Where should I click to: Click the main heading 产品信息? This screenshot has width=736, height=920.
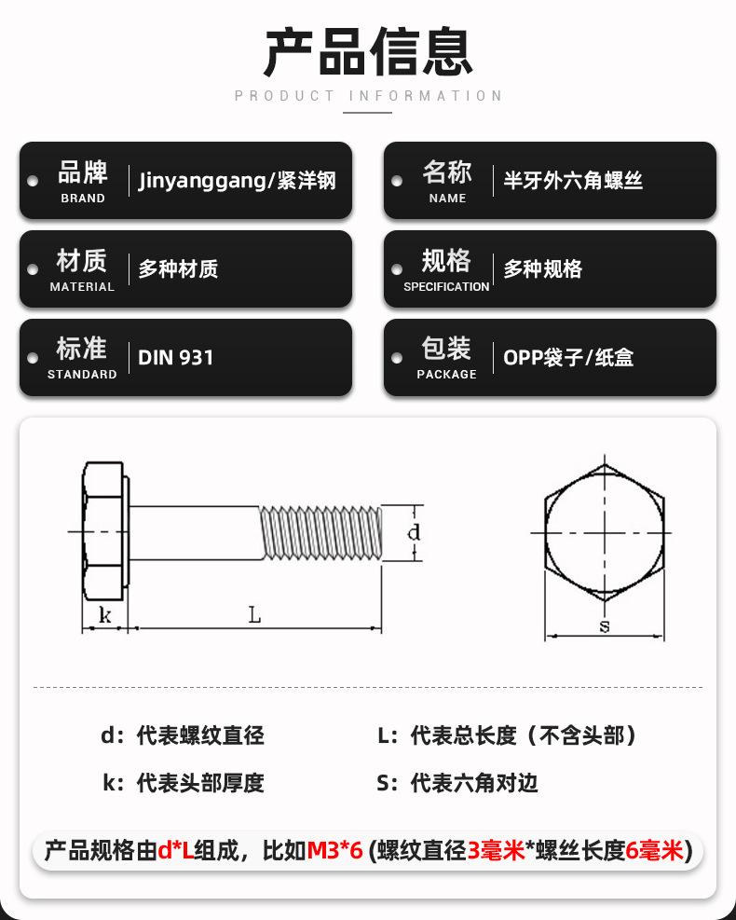click(x=368, y=51)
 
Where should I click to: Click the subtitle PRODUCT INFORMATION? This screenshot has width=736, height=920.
click(x=368, y=96)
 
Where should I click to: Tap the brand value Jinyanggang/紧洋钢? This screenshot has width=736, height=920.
click(x=237, y=181)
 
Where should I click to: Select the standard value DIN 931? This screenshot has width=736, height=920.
click(x=176, y=358)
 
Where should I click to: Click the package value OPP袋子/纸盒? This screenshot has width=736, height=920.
click(x=568, y=358)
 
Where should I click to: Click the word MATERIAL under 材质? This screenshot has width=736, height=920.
click(x=82, y=287)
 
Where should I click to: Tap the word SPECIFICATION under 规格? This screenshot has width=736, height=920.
click(x=446, y=287)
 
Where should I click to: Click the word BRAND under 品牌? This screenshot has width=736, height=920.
click(x=82, y=199)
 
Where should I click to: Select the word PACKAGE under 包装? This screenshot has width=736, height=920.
click(x=446, y=375)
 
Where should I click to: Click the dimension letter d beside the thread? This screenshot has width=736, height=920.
click(x=415, y=532)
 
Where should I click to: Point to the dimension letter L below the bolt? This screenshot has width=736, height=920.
click(x=253, y=614)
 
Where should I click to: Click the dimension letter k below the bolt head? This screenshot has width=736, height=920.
click(x=104, y=615)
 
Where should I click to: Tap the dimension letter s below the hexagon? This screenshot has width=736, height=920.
click(x=604, y=626)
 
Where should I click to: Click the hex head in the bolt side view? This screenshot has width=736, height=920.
click(x=104, y=532)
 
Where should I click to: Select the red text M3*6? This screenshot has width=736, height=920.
click(x=334, y=850)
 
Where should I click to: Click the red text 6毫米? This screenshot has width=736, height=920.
click(x=656, y=850)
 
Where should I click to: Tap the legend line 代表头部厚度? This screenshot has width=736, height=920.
click(x=200, y=783)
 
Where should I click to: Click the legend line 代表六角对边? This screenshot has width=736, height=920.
click(x=474, y=783)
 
